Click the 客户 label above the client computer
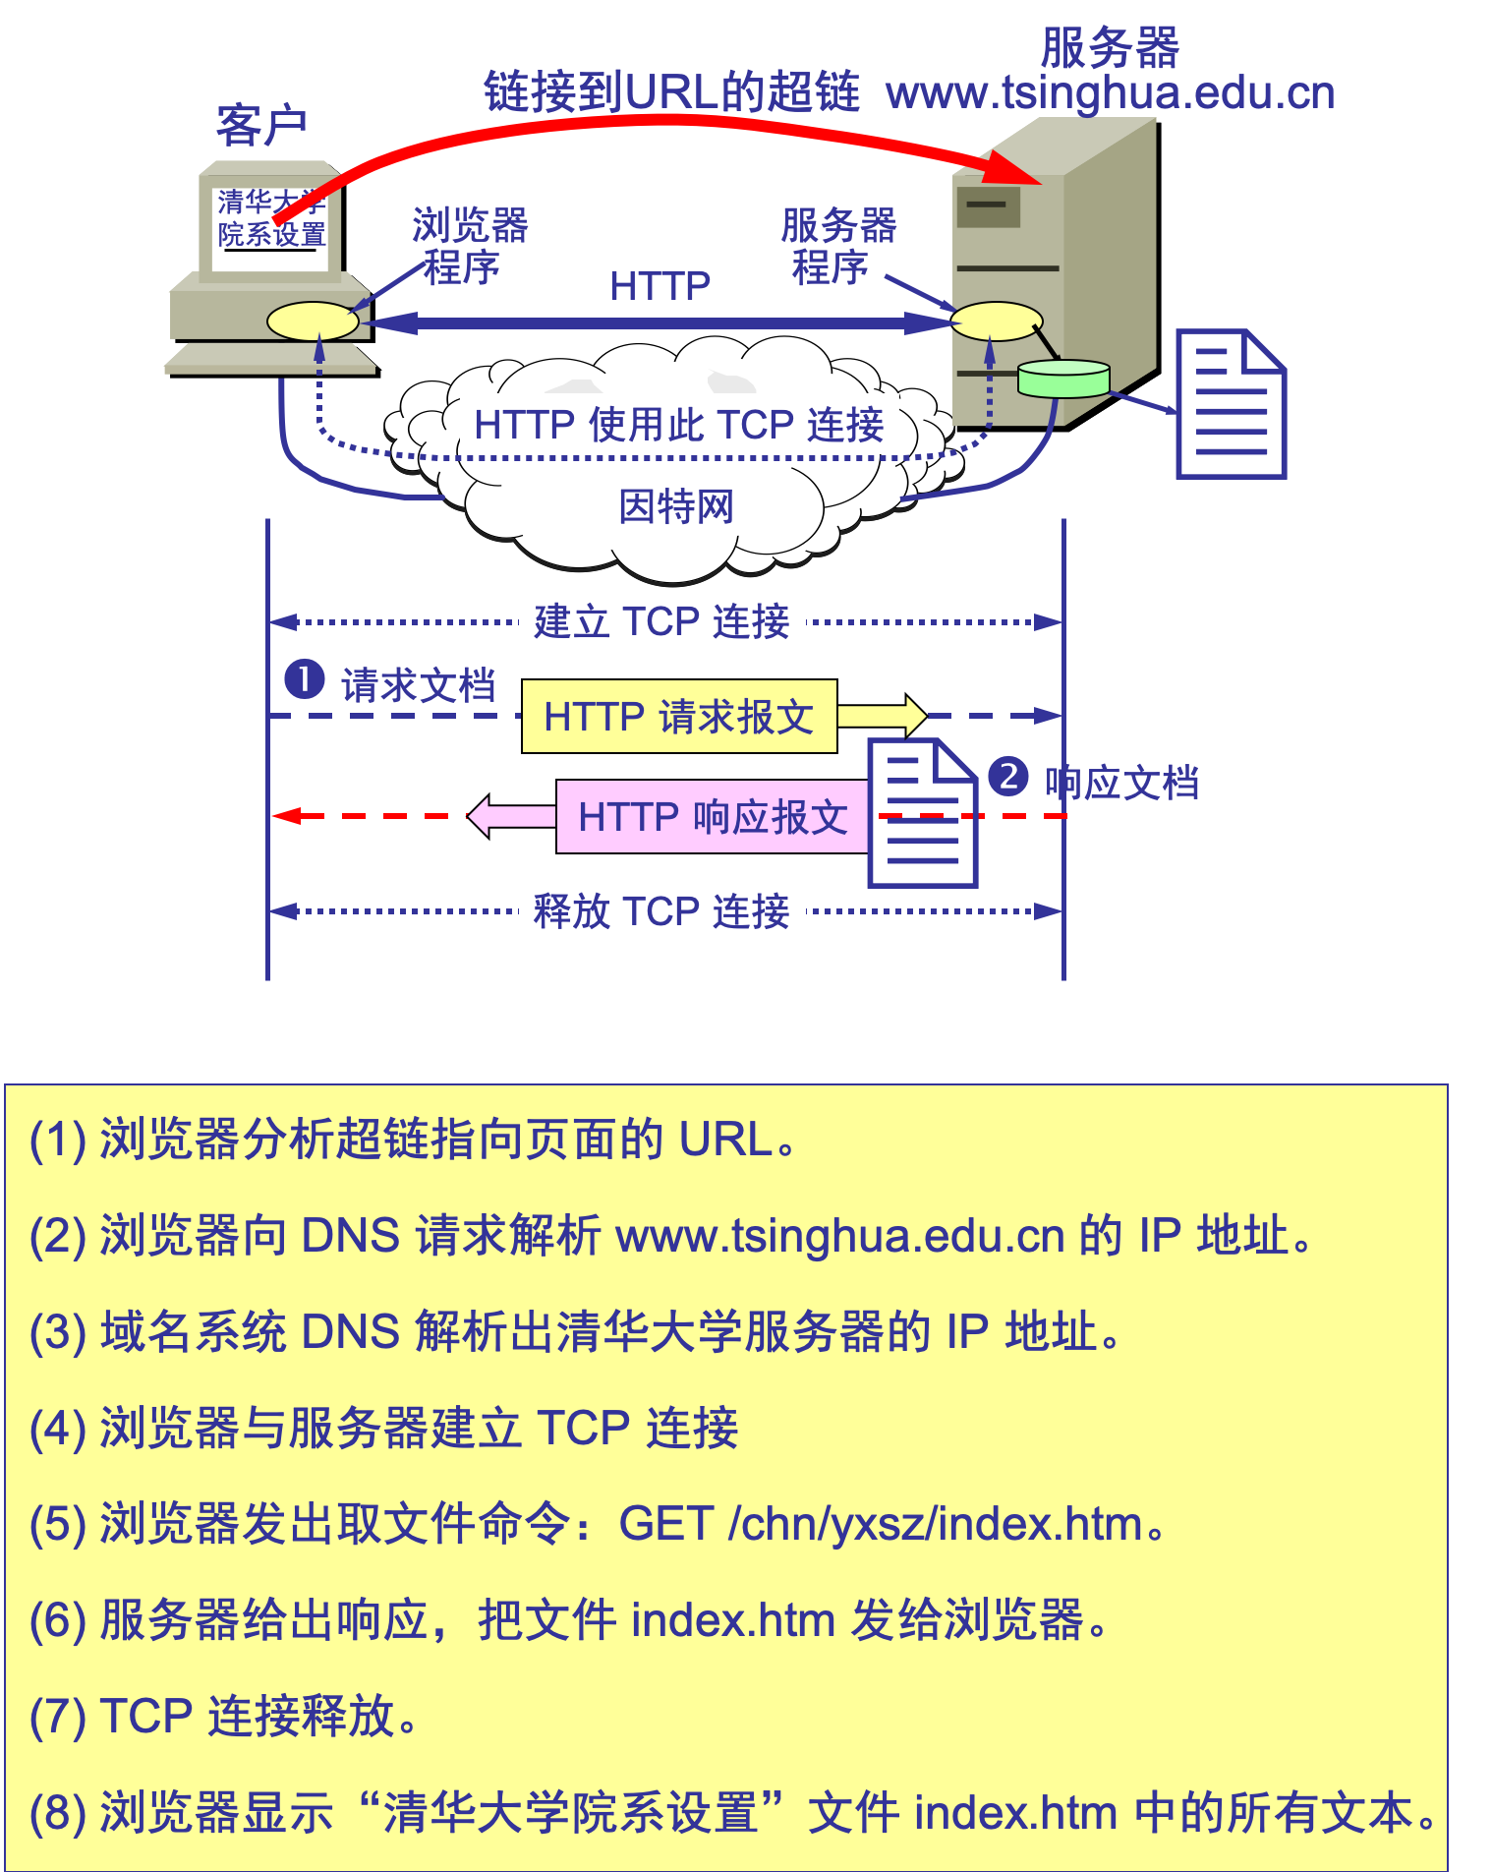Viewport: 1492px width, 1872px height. click(x=261, y=126)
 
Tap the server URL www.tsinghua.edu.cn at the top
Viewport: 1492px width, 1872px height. click(x=1110, y=93)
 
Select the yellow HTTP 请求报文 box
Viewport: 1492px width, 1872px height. click(x=679, y=717)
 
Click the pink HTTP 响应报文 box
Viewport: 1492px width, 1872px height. click(x=713, y=817)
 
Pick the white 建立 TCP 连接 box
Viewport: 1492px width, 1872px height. click(x=661, y=621)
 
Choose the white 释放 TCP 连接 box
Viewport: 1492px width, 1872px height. click(x=661, y=911)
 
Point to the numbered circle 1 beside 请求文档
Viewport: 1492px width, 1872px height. click(x=305, y=679)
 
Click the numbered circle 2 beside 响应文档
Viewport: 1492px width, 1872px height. click(x=1008, y=777)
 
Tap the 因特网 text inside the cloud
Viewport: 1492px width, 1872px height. click(x=676, y=507)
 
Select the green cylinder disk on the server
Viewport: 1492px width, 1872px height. click(x=1063, y=379)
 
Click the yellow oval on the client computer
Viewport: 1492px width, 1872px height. click(x=313, y=322)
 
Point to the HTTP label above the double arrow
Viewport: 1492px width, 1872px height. click(x=660, y=286)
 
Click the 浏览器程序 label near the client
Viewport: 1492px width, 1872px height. click(x=469, y=246)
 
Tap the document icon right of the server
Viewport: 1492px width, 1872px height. click(x=1231, y=404)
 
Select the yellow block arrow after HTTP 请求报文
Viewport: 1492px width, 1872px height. click(x=883, y=716)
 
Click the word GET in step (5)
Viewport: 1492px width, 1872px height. click(x=665, y=1524)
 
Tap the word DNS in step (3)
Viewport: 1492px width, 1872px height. click(x=350, y=1332)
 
